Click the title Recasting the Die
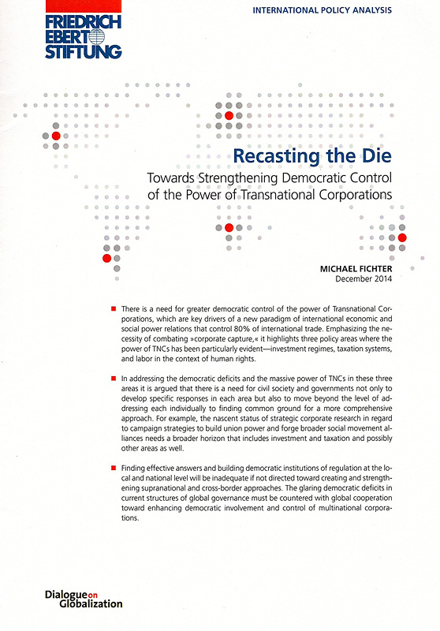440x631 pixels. pos(324,155)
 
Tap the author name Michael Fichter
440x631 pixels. pos(356,268)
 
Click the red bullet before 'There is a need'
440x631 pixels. pos(114,306)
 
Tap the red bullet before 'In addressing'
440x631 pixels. pos(114,379)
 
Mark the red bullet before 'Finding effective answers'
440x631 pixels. pos(114,469)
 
